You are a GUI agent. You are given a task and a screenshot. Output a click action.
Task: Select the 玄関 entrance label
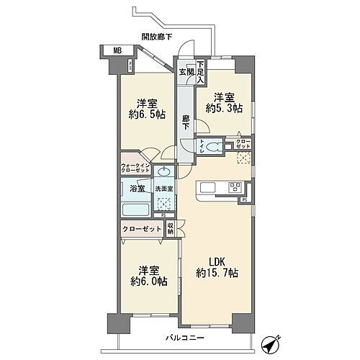[x=186, y=71]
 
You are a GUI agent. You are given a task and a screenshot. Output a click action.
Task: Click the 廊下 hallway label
[x=185, y=122]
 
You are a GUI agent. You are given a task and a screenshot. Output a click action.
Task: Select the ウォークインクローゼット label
[x=136, y=166]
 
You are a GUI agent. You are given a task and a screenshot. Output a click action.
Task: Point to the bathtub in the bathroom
[x=136, y=210]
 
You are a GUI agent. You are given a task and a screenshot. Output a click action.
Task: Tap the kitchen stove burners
[x=235, y=187]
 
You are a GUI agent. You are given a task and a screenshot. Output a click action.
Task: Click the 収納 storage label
[x=170, y=228]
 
